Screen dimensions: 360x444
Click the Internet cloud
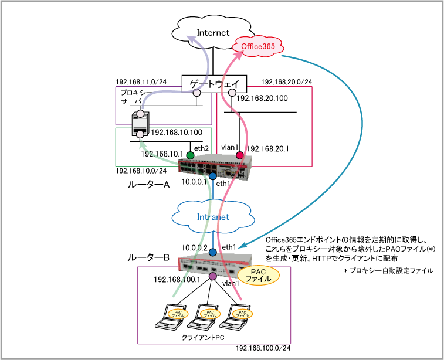[213, 32]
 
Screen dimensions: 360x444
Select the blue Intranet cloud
[212, 217]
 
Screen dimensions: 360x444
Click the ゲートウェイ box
[214, 84]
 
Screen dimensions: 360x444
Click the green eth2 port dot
[190, 155]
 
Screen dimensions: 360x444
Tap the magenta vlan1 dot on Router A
[239, 155]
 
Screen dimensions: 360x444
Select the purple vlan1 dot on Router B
[212, 276]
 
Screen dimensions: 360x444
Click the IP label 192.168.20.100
[263, 99]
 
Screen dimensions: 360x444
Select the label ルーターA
[149, 185]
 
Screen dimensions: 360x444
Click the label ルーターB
[149, 257]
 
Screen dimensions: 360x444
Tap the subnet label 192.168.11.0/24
[141, 83]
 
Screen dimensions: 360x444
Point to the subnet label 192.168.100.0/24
[262, 348]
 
